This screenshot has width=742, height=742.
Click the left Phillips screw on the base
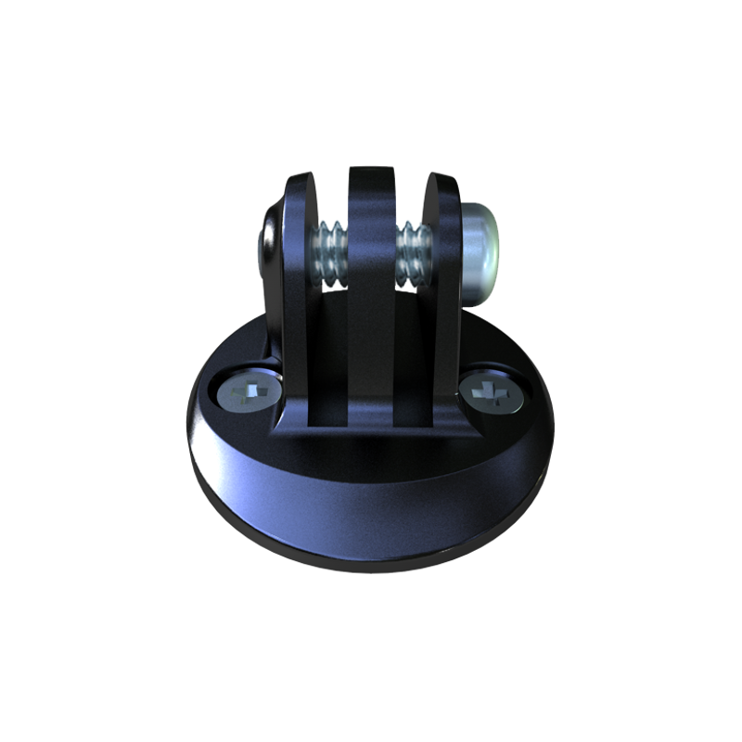click(x=249, y=396)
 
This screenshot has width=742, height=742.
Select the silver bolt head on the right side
click(x=481, y=249)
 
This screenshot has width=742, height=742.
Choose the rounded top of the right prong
click(x=443, y=182)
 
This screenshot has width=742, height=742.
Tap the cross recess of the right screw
click(x=492, y=395)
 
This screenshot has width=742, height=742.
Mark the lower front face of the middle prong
click(x=371, y=371)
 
